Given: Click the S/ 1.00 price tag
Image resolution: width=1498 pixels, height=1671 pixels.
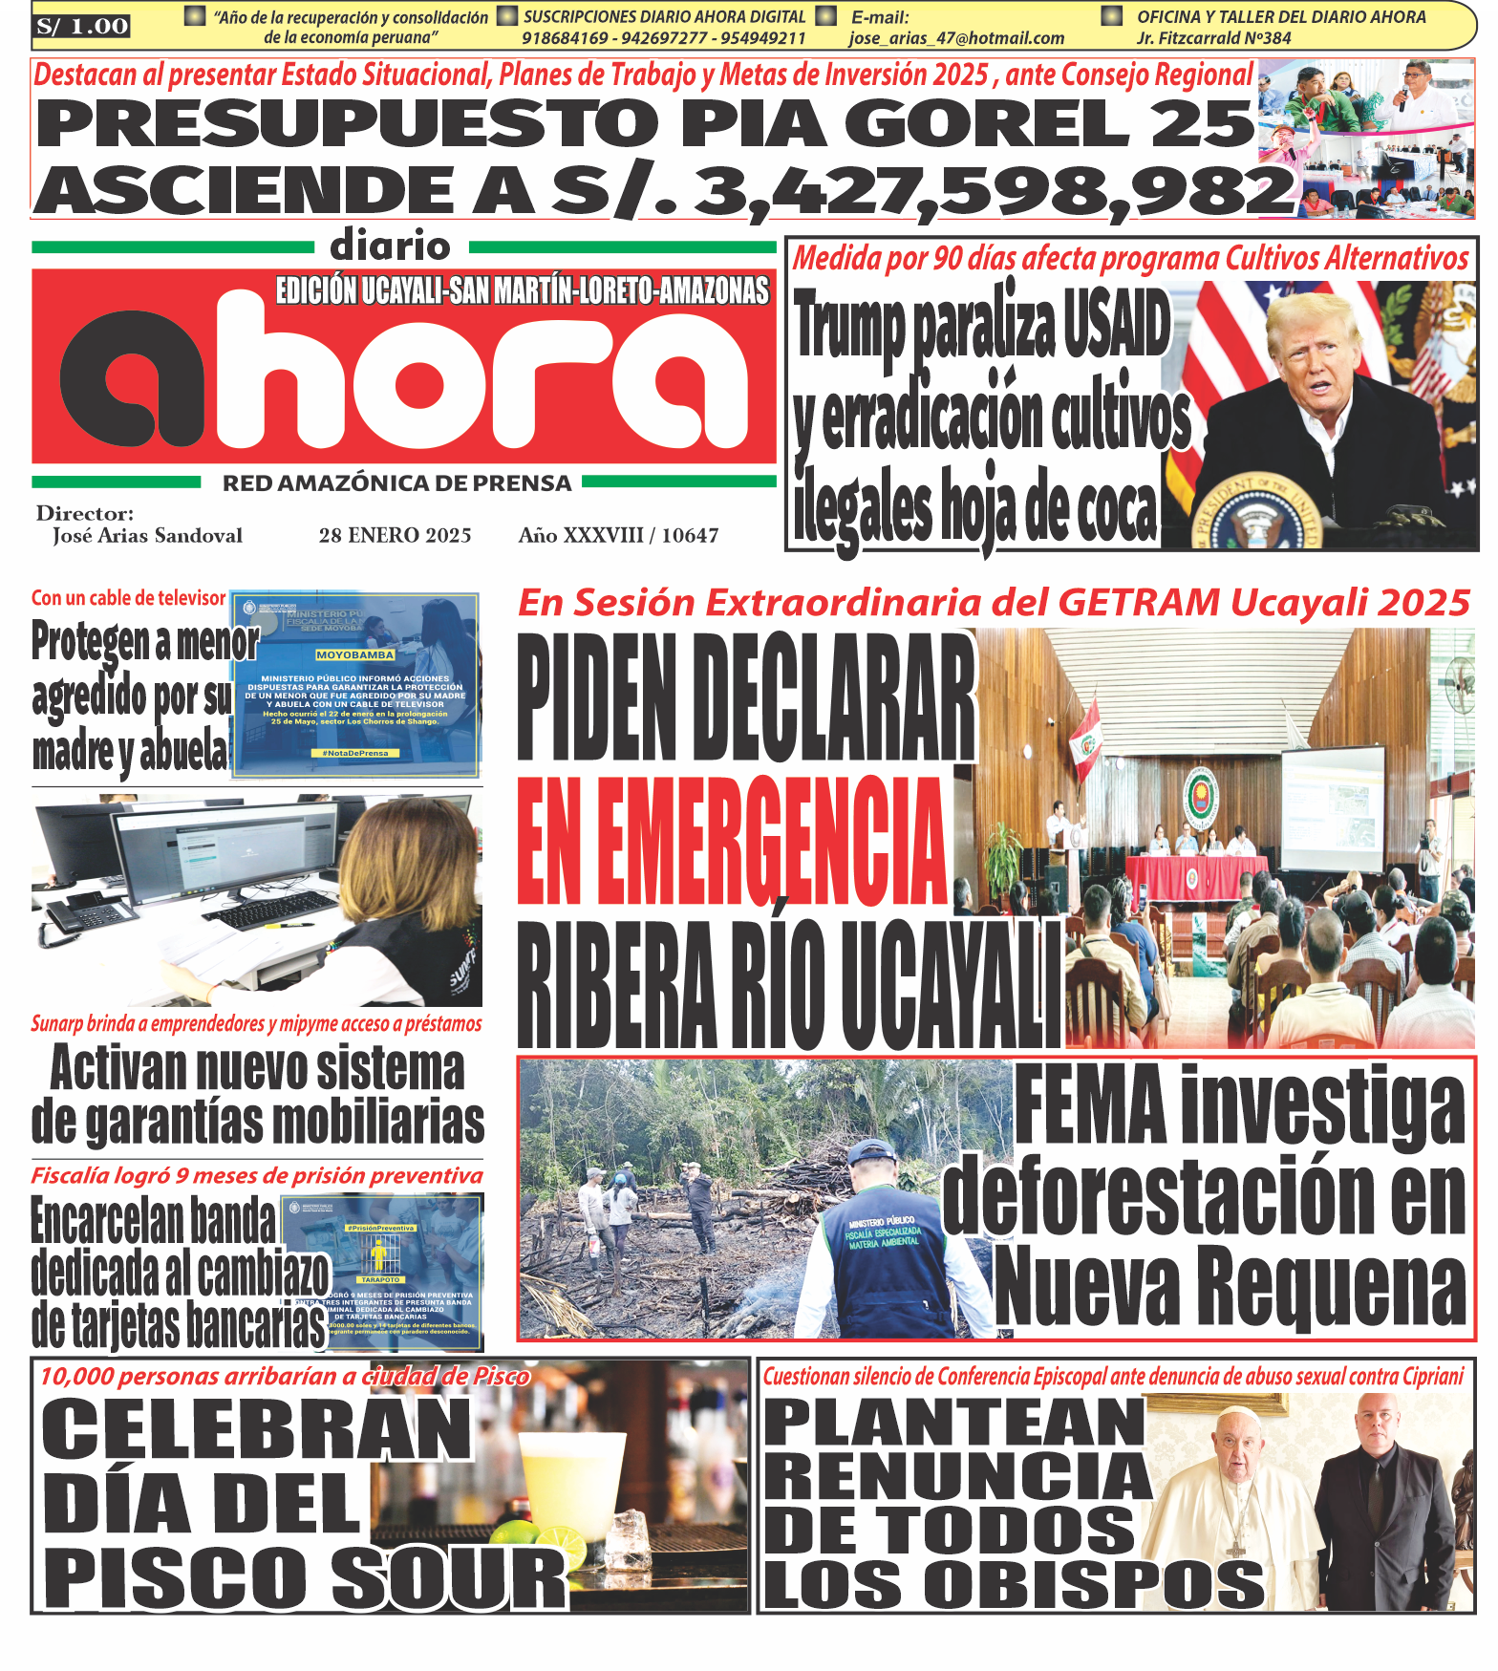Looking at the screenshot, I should tap(81, 27).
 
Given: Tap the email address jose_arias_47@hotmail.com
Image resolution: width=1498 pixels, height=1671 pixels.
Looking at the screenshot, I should tap(956, 38).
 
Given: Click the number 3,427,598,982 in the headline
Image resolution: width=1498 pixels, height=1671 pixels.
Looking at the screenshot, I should tap(994, 191).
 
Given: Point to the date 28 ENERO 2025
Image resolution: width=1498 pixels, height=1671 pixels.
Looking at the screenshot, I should tap(395, 535).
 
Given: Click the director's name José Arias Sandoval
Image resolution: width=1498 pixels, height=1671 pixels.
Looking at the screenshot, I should tap(147, 536).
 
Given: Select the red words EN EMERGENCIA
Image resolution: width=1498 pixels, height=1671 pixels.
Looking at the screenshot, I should tap(731, 840).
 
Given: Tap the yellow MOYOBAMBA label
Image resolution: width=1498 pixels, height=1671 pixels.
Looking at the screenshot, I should tap(354, 655).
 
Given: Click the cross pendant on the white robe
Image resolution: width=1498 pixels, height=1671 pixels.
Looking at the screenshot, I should tap(1234, 1548).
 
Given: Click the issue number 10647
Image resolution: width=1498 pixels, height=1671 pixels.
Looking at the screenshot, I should tap(690, 535).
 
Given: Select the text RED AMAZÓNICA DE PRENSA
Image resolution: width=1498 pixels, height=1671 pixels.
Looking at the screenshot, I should tap(396, 483).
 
